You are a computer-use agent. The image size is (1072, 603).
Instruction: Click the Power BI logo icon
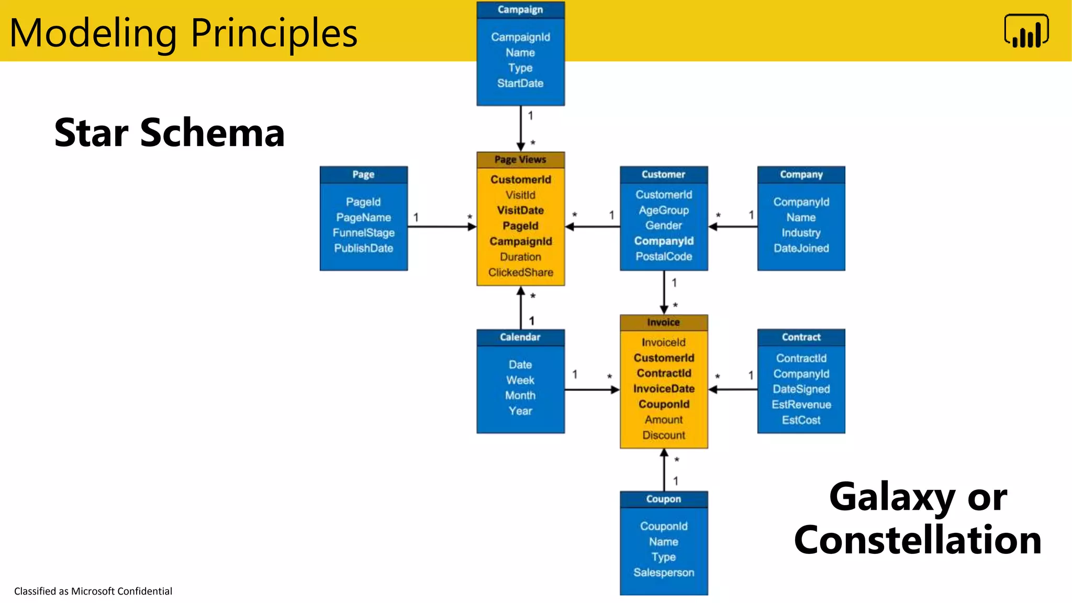(x=1026, y=31)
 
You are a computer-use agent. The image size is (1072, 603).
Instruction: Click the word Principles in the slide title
(x=274, y=33)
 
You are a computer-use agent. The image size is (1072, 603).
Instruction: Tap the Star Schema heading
(x=169, y=133)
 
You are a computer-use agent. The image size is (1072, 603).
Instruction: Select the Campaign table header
(x=520, y=10)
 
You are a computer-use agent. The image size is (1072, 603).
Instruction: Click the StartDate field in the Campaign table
(x=520, y=83)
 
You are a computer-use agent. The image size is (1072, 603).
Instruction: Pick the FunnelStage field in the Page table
(x=363, y=232)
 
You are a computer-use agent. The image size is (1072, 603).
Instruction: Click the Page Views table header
(x=520, y=160)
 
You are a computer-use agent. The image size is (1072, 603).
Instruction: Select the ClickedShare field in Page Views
(x=520, y=272)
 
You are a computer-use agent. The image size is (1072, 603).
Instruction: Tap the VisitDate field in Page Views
(x=520, y=210)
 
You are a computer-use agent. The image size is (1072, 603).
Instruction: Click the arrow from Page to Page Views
(x=442, y=227)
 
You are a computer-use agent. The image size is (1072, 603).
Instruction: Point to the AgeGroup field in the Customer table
(x=664, y=210)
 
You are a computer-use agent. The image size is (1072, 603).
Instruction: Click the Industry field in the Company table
(x=801, y=232)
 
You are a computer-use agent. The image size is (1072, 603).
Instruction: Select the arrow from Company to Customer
(x=733, y=227)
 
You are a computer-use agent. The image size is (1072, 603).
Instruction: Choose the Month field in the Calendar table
(x=520, y=395)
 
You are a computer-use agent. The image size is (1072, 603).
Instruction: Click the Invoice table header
(x=663, y=322)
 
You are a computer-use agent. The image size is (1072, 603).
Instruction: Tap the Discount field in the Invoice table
(x=664, y=435)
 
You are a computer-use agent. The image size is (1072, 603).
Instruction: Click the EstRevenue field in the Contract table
(x=801, y=405)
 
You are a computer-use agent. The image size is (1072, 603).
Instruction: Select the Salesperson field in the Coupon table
(x=664, y=573)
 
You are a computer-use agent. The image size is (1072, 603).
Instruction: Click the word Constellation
(x=917, y=540)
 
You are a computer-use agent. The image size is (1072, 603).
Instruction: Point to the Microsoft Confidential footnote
(x=93, y=591)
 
